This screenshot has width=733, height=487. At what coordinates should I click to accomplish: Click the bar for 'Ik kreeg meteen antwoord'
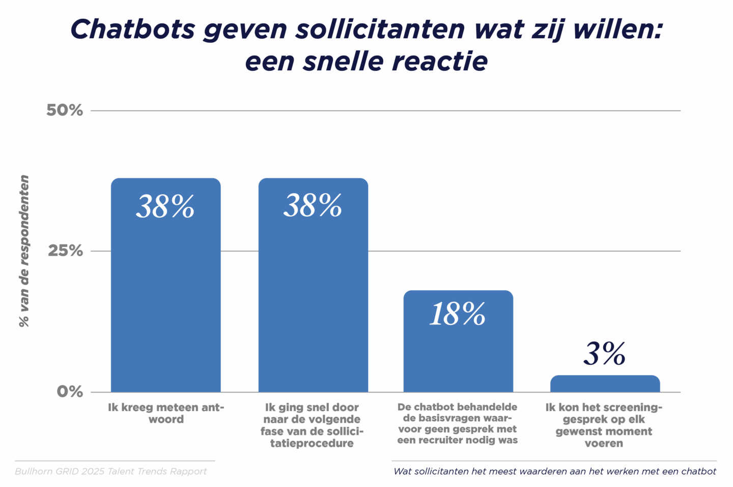165,295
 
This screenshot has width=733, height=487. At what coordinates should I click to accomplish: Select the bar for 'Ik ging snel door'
313,295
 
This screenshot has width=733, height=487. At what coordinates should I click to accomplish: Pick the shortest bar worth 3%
605,384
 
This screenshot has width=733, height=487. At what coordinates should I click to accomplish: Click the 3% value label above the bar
604,354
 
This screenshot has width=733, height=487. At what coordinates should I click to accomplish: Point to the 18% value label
457,314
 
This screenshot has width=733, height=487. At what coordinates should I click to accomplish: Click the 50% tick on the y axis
65,110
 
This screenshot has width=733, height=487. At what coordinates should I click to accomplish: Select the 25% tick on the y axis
65,251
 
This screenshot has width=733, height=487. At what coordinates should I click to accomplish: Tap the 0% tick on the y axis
70,391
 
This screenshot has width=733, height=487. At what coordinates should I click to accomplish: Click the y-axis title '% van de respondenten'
24,251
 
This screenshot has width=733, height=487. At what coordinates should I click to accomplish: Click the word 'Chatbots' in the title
132,29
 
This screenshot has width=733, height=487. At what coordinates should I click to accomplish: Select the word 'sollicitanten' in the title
380,29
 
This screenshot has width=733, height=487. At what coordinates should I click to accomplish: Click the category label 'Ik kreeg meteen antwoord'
166,413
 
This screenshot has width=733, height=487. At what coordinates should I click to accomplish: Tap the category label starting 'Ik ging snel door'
312,425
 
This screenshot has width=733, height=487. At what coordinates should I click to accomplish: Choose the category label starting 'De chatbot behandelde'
457,423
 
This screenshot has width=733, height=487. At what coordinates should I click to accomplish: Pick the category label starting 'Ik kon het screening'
604,425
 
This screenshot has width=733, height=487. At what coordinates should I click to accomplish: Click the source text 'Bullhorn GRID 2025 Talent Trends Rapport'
111,471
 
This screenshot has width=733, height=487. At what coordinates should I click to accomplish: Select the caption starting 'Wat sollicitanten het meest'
554,471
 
